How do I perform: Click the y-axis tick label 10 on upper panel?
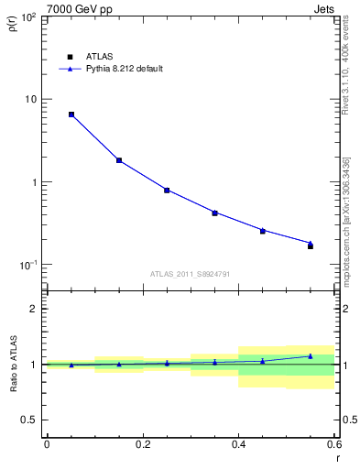29,99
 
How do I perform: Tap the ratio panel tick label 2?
33,309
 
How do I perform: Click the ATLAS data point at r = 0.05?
71,115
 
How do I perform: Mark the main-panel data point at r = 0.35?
214,213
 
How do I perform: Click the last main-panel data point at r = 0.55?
311,245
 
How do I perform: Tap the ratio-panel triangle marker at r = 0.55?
311,356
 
